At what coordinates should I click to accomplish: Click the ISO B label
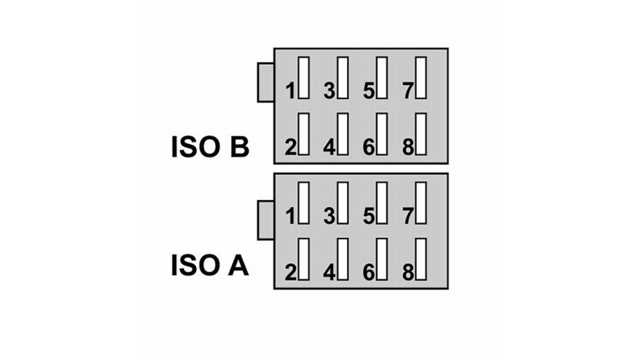(x=210, y=147)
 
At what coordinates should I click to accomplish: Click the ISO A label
(x=210, y=266)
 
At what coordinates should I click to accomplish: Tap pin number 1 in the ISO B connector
(x=290, y=91)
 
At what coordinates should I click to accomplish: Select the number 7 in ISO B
(x=408, y=91)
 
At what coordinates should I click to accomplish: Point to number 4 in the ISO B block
(x=330, y=147)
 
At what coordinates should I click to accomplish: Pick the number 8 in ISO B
(x=408, y=147)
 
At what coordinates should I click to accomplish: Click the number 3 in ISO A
(x=330, y=216)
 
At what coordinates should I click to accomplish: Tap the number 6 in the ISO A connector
(x=369, y=273)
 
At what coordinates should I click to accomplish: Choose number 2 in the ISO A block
(x=290, y=273)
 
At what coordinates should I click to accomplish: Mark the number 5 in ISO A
(x=369, y=216)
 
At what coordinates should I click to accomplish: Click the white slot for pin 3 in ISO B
(x=343, y=78)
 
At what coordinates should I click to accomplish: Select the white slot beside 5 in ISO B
(x=382, y=78)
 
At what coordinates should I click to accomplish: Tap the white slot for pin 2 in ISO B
(x=304, y=134)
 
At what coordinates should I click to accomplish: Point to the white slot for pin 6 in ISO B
(x=382, y=134)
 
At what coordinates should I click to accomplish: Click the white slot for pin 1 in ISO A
(x=304, y=203)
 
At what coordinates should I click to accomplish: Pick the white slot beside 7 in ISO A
(x=422, y=203)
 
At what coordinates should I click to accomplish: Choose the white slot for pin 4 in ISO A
(x=343, y=259)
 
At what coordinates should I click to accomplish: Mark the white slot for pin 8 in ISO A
(x=422, y=259)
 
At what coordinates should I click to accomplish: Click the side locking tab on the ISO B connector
(x=266, y=82)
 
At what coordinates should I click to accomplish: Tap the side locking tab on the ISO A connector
(x=266, y=221)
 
